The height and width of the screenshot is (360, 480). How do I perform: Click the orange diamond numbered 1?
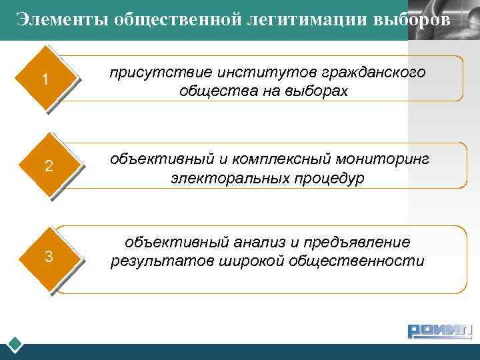tap(45, 79)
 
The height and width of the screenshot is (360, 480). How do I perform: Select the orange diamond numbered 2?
tap(48, 166)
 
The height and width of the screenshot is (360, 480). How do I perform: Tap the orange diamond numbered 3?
tap(48, 257)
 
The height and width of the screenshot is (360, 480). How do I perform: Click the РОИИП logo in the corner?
tap(439, 331)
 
